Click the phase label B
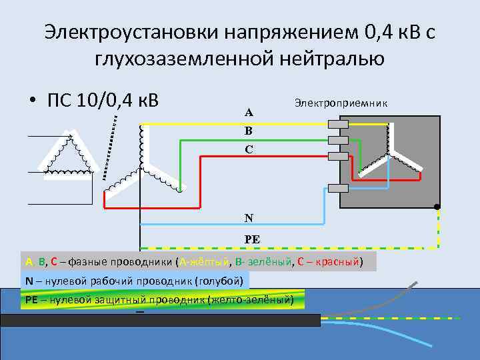248,131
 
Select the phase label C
248,149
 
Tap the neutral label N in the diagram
248,217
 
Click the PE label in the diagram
251,238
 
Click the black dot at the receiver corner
437,206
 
